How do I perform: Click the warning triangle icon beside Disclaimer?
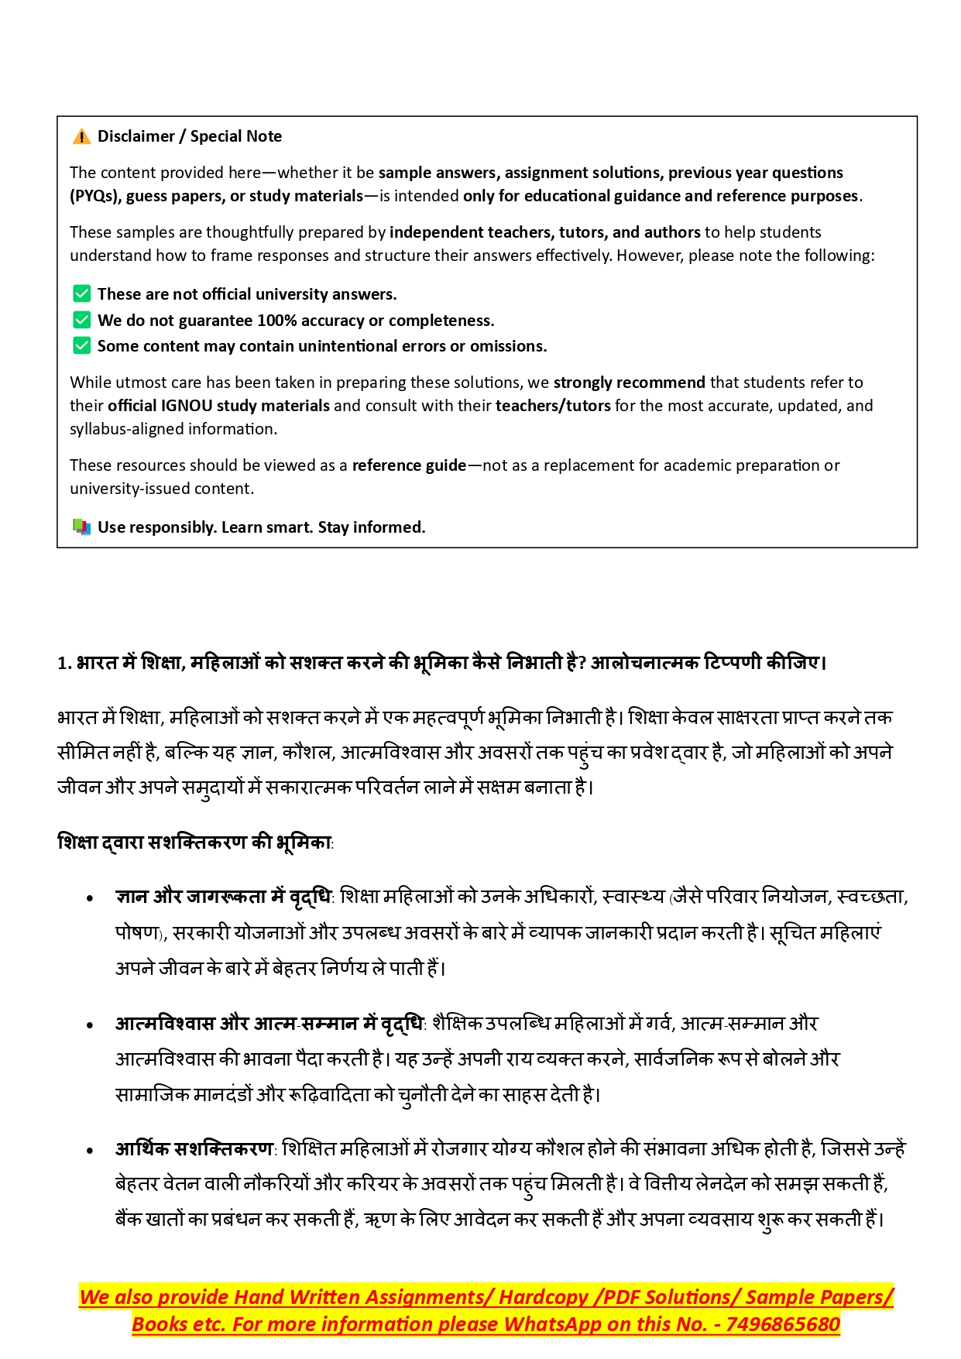pyautogui.click(x=81, y=137)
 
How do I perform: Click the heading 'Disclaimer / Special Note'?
pyautogui.click(x=189, y=136)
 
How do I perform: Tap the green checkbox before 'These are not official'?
pyautogui.click(x=81, y=294)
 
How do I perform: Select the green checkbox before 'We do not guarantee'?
pyautogui.click(x=81, y=320)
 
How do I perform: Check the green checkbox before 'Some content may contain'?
pyautogui.click(x=81, y=345)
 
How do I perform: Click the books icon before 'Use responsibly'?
pyautogui.click(x=81, y=527)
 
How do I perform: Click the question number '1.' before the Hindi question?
pyautogui.click(x=64, y=664)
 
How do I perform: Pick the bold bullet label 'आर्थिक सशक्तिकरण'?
pyautogui.click(x=194, y=1148)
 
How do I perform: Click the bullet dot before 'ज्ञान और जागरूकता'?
pyautogui.click(x=91, y=899)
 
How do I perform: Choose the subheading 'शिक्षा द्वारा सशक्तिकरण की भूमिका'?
pyautogui.click(x=194, y=843)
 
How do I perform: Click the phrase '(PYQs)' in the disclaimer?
pyautogui.click(x=94, y=196)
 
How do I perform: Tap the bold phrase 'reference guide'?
pyautogui.click(x=409, y=465)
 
